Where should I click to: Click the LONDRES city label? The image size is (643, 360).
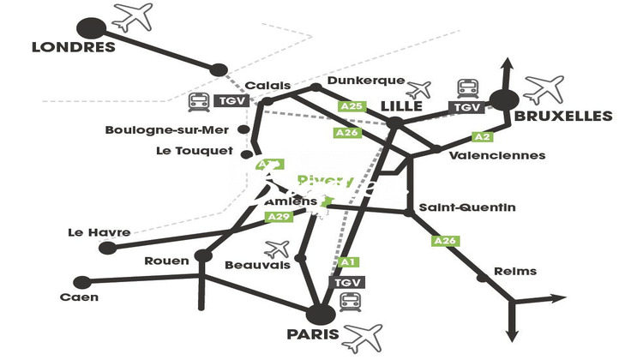coord(73,47)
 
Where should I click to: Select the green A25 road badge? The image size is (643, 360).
coord(353,106)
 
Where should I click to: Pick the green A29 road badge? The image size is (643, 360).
coord(279,217)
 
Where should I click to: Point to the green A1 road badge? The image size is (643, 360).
coord(348,262)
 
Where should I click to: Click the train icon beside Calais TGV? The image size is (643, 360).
coord(200,102)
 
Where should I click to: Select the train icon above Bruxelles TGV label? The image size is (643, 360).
coord(468,87)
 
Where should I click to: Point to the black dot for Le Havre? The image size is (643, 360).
coord(107,249)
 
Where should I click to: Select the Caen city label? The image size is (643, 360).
coord(79,297)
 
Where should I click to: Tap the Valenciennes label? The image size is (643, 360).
coord(497,155)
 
